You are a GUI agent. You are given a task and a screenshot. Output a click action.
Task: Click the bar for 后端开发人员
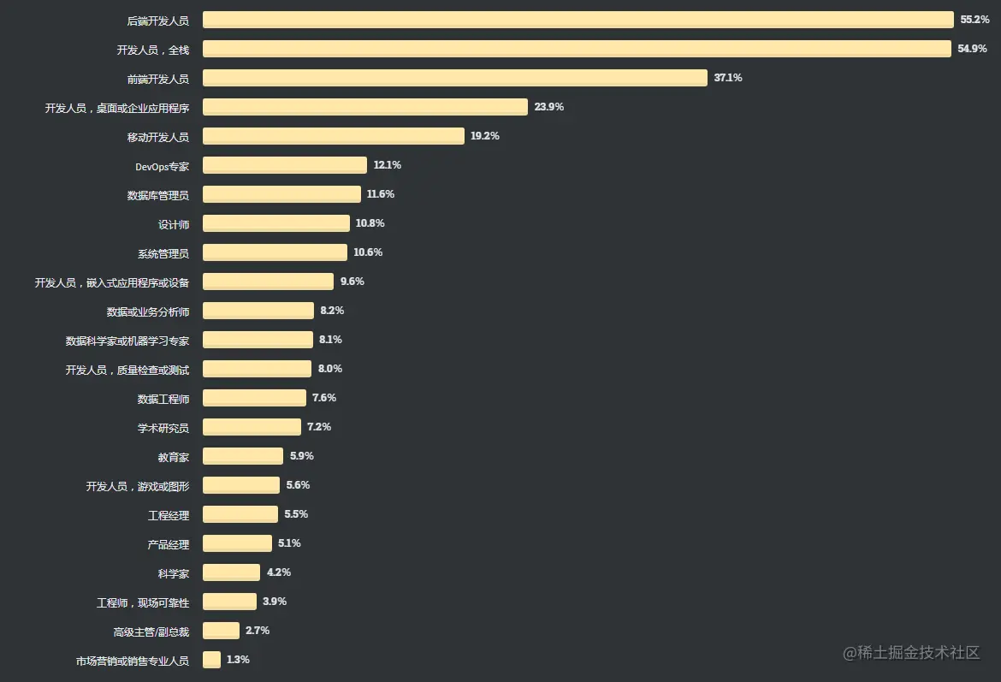(577, 20)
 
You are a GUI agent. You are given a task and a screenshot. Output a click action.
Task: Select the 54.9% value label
(972, 49)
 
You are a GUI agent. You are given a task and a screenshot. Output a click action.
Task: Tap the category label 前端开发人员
(157, 79)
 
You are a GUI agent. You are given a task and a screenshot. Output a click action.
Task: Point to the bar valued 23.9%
(364, 107)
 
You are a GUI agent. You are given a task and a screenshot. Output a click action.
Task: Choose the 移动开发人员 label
(157, 137)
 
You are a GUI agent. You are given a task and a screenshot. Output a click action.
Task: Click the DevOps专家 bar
(284, 165)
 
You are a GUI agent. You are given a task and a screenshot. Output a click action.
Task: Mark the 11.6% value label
(381, 194)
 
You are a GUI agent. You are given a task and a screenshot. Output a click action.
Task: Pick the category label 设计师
(173, 224)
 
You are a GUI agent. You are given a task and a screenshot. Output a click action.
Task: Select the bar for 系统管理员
(275, 252)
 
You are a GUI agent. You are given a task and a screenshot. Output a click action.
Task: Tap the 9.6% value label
(352, 282)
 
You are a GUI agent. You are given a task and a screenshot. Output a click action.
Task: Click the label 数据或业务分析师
(147, 311)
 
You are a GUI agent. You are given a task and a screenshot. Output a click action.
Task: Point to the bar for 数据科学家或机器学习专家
(258, 340)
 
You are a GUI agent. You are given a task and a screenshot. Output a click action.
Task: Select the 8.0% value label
(330, 369)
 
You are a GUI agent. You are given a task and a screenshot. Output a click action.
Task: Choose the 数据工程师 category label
(163, 399)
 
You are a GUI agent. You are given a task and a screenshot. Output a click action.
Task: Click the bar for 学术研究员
(252, 427)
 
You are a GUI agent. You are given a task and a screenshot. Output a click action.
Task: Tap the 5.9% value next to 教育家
(302, 456)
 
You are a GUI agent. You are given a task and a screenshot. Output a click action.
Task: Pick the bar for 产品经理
(237, 543)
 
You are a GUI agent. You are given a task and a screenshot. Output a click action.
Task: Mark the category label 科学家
(173, 573)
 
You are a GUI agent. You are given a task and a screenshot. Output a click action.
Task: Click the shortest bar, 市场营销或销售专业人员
(211, 660)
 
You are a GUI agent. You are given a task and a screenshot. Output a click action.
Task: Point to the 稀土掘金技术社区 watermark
(911, 653)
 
